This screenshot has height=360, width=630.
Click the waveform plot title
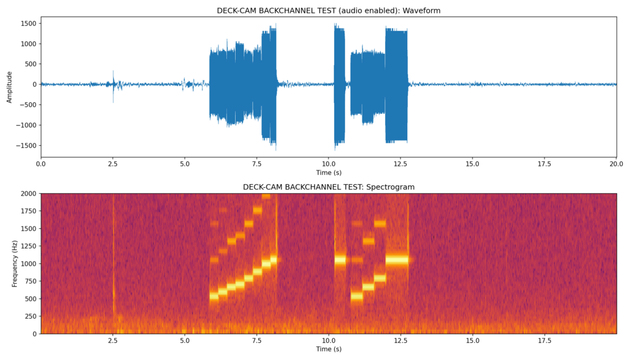click(329, 10)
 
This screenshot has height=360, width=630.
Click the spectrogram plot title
click(329, 186)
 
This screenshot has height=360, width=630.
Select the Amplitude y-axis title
click(9, 87)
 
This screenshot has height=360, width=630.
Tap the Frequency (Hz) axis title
click(15, 263)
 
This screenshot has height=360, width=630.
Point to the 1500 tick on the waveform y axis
click(28, 23)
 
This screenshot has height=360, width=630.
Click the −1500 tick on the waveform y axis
click(27, 145)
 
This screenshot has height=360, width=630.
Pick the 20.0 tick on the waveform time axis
click(616, 164)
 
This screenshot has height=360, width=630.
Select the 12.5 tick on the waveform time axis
click(401, 164)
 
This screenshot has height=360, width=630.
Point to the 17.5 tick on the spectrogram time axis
click(544, 340)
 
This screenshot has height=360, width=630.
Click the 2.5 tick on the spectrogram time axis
click(113, 340)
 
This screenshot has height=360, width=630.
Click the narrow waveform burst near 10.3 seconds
click(339, 84)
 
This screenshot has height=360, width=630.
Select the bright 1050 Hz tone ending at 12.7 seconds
click(397, 259)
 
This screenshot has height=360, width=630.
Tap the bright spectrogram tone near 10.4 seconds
click(340, 259)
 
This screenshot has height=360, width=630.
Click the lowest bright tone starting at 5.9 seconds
click(214, 296)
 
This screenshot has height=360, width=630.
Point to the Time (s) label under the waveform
click(329, 172)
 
